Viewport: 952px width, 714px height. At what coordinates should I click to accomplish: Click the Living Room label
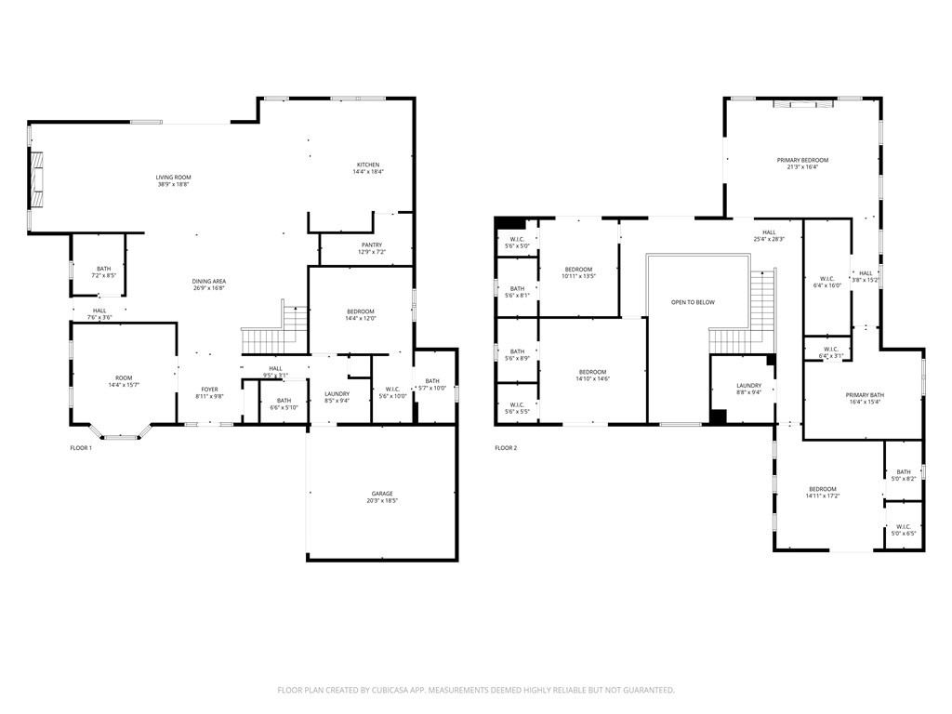173,177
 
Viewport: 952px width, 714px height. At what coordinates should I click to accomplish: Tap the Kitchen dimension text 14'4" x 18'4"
367,172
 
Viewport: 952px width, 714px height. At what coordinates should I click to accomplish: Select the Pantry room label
372,245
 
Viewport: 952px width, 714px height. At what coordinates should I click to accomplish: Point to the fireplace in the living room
38,178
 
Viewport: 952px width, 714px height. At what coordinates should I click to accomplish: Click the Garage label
382,494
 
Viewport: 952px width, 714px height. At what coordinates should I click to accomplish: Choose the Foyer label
210,389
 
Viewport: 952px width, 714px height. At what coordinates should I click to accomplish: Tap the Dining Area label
209,281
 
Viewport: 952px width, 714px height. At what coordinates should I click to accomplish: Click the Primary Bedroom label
802,160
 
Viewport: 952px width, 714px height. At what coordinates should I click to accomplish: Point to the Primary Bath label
865,395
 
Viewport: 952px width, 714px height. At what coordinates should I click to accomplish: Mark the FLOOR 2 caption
506,448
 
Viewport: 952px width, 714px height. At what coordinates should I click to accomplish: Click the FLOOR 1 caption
81,448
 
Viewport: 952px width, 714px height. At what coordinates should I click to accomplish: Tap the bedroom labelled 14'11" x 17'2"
822,489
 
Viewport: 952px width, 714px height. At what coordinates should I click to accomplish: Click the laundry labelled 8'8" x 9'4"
748,386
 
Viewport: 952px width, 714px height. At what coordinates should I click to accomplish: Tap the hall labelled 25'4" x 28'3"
769,232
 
